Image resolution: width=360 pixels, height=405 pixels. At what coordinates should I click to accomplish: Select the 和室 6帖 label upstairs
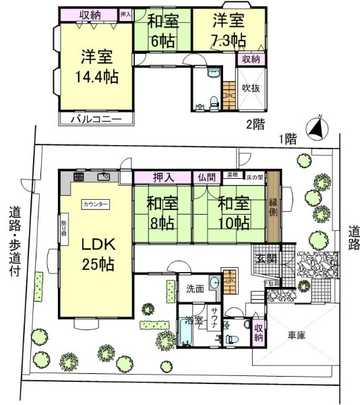[x=164, y=29]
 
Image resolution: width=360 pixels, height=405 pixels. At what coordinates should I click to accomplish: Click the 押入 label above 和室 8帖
[x=163, y=177]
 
